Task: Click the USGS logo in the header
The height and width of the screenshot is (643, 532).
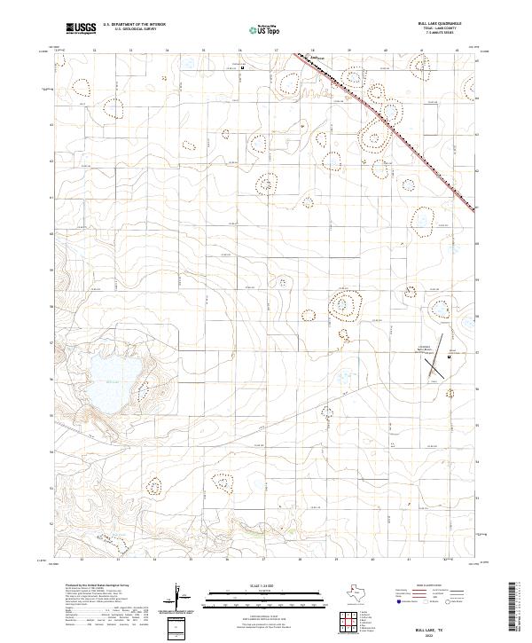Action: pyautogui.click(x=81, y=28)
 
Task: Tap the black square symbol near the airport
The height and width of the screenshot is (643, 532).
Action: pyautogui.click(x=450, y=357)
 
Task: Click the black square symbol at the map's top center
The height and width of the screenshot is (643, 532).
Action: pyautogui.click(x=244, y=67)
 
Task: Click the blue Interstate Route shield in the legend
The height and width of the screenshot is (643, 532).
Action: pyautogui.click(x=393, y=600)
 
